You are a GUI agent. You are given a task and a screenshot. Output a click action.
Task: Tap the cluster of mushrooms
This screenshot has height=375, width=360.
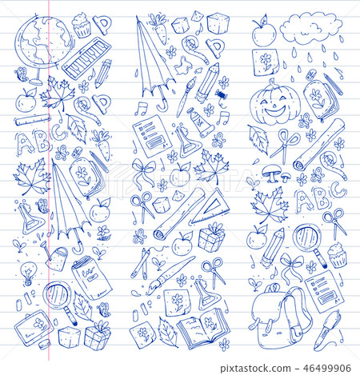pyautogui.click(x=277, y=175)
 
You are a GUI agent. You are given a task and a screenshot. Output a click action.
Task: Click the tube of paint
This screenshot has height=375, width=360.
pyautogui.click(x=200, y=123)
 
